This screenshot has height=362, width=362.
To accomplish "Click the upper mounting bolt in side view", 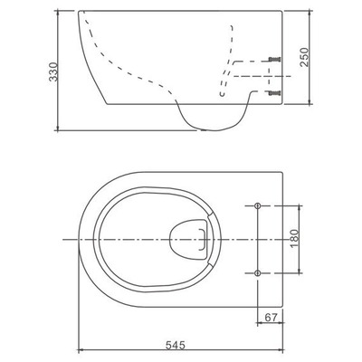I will pos(275,59).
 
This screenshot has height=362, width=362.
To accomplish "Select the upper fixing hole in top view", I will pos(257,205).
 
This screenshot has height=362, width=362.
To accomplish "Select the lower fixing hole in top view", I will pos(257,271).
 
